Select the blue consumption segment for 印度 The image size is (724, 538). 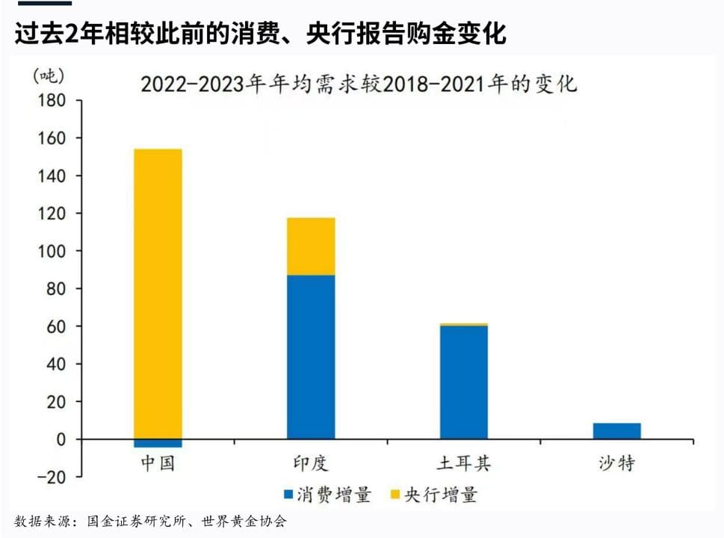pos(311,357)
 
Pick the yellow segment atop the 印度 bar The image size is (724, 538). pos(311,247)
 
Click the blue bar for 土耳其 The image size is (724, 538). pos(463,382)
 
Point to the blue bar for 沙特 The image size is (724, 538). pos(616,431)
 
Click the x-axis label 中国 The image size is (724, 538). pos(158,463)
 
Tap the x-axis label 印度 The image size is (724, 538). pos(311,463)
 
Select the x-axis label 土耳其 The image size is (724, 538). pos(463,463)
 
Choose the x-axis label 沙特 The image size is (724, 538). pos(616,463)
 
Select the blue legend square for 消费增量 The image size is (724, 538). pos(288,495)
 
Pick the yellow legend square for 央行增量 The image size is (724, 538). pos(395,495)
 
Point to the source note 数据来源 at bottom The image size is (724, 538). pos(149,522)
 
